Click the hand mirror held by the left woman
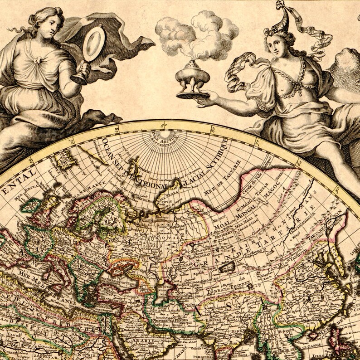(93, 44)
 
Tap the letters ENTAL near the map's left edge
(18, 176)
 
